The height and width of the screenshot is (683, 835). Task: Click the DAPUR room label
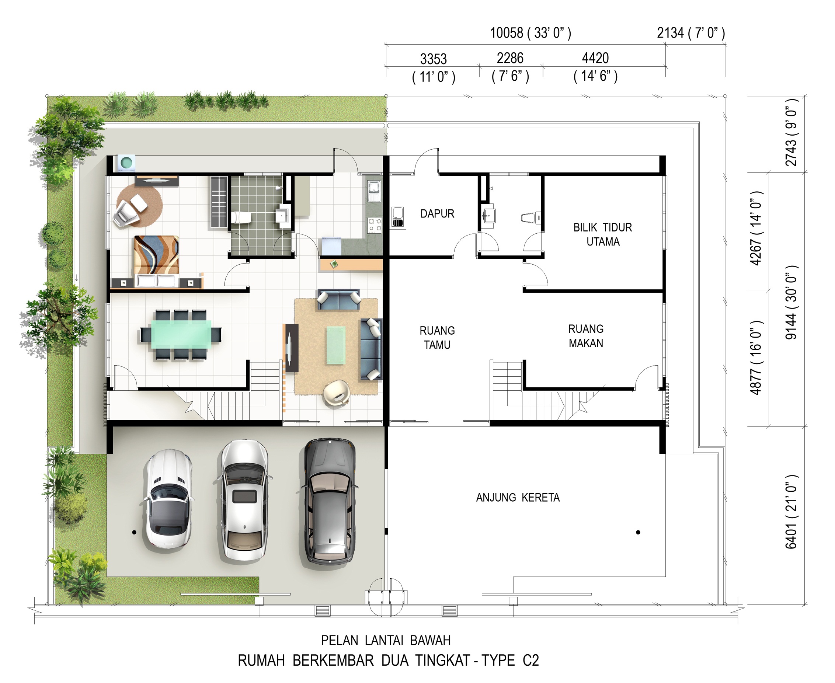[x=437, y=214]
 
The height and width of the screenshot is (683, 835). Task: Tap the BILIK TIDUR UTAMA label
[x=602, y=234]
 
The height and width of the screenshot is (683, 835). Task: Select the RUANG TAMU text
[x=437, y=338]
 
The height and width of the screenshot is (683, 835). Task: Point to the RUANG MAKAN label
[x=586, y=336]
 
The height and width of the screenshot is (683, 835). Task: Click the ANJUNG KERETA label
[x=518, y=498]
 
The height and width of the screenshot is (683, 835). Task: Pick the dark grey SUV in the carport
[x=329, y=502]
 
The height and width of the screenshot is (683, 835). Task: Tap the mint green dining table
[x=181, y=334]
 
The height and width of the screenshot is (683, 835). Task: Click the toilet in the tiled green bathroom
[x=241, y=217]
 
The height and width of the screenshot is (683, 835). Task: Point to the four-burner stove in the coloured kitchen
[x=374, y=226]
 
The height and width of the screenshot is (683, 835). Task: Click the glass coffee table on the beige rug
[x=335, y=345]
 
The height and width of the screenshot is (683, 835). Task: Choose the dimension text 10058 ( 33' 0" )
[x=530, y=33]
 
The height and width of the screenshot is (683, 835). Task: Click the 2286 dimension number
[x=510, y=58]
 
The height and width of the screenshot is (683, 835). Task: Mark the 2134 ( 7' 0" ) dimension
[x=691, y=33]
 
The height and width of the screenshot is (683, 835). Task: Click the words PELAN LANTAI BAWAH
[x=386, y=641]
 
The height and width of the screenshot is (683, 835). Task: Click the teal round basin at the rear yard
[x=126, y=163]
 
